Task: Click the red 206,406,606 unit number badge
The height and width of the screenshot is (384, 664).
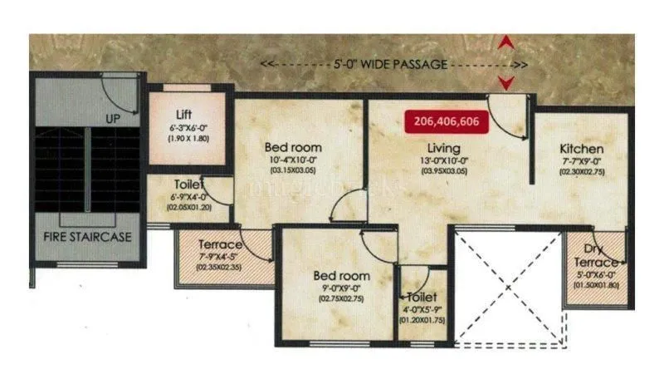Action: (453, 121)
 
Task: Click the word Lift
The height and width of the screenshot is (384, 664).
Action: (185, 115)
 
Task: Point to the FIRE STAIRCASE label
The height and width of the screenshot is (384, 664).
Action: (88, 236)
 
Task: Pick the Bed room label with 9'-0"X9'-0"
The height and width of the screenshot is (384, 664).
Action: (341, 275)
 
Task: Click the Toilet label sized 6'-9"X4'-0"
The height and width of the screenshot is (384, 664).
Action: (189, 185)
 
